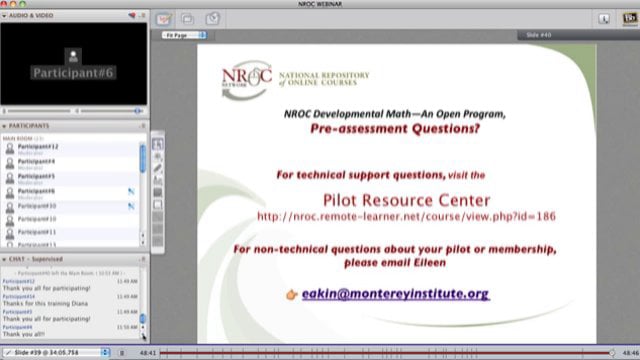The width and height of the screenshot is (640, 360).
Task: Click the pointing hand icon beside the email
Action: point(292,295)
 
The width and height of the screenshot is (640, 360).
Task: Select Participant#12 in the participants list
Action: point(39,146)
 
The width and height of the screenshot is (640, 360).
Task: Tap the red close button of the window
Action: point(6,5)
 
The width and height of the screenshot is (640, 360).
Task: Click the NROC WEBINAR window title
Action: point(320,5)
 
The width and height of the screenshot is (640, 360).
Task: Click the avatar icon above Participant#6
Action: point(73,54)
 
